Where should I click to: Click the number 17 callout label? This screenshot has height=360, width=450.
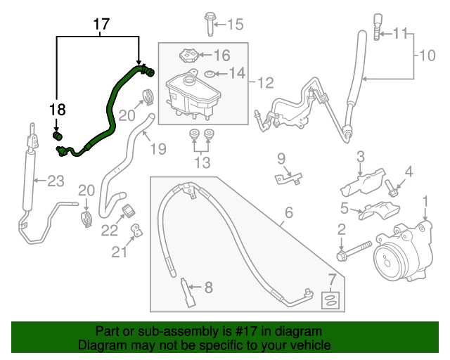pos(101,25)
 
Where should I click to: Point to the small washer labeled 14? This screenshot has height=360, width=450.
pos(210,73)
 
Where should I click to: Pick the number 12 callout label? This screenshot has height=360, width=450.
pos(265,83)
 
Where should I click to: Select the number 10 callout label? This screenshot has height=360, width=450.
pos(428,55)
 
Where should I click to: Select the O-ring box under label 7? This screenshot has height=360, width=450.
pos(330,301)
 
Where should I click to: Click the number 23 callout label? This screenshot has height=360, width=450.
pos(55,181)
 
